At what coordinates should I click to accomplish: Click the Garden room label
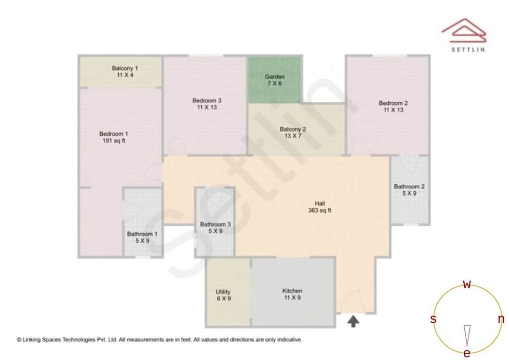pos(274,76)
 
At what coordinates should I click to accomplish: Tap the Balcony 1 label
pos(125,68)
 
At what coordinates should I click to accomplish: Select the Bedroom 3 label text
pos(206,100)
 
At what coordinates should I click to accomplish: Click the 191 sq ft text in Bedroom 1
pos(114,140)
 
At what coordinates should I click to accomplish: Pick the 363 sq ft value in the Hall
pos(320,211)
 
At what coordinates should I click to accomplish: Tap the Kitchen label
pos(292,291)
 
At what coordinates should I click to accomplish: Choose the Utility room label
pos(223,292)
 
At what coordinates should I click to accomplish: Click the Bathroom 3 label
pos(215,225)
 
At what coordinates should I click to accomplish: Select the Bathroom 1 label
pos(142,234)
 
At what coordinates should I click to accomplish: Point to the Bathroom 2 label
pos(409,187)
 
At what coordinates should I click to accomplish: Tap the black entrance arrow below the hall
pos(353,321)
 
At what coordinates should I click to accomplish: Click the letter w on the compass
pos(467,285)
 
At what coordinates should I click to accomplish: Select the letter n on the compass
pos(501,319)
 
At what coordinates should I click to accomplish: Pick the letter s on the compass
pos(433,319)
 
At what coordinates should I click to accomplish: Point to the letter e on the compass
pos(467,353)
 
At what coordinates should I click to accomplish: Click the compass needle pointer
pos(467,335)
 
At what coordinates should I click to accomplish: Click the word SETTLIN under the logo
pos(468,49)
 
